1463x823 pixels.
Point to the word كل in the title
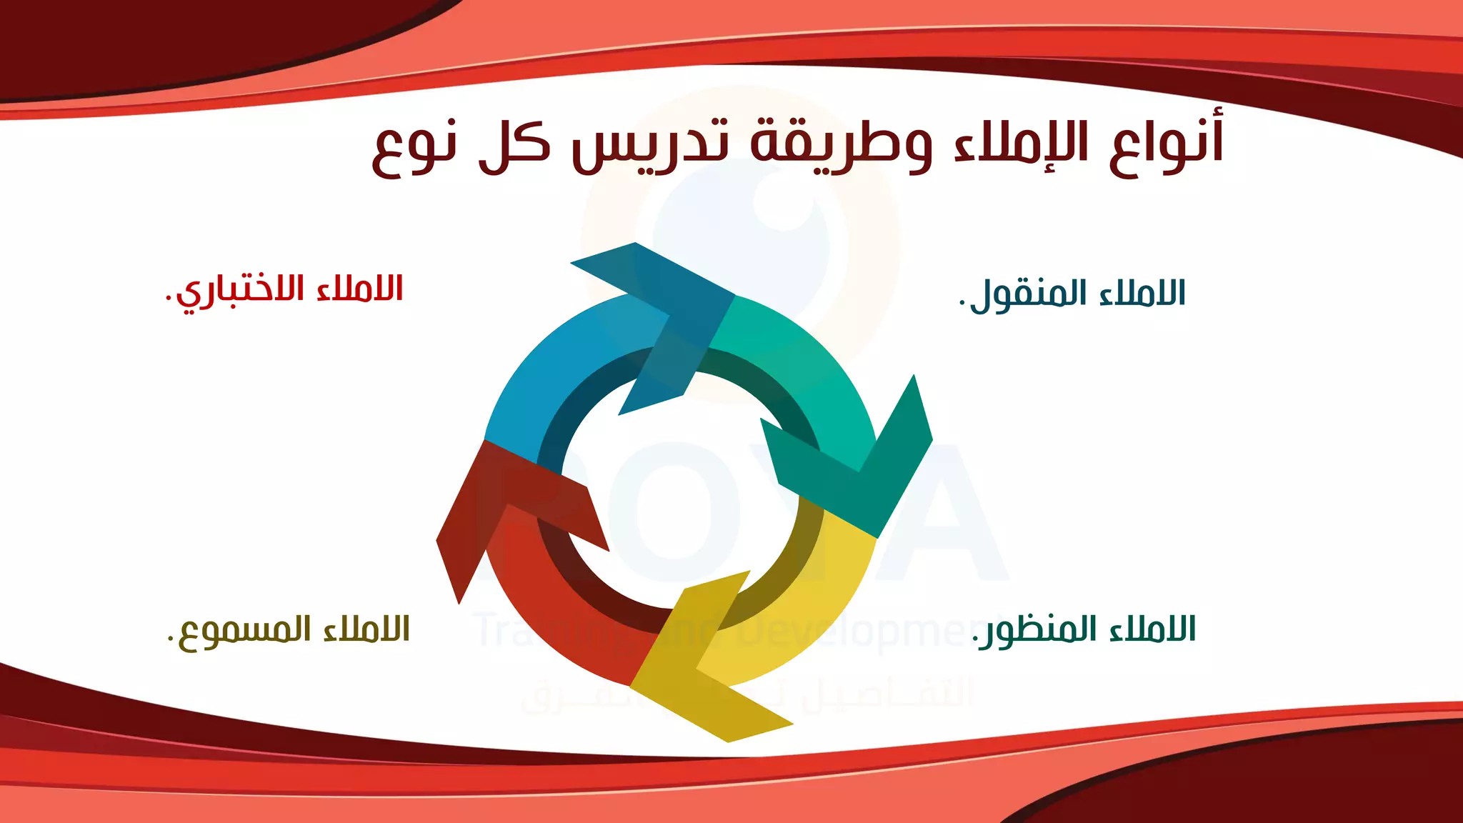point(514,146)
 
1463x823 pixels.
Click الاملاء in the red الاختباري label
point(361,289)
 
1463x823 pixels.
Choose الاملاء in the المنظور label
point(1153,629)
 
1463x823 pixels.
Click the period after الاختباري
point(169,299)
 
